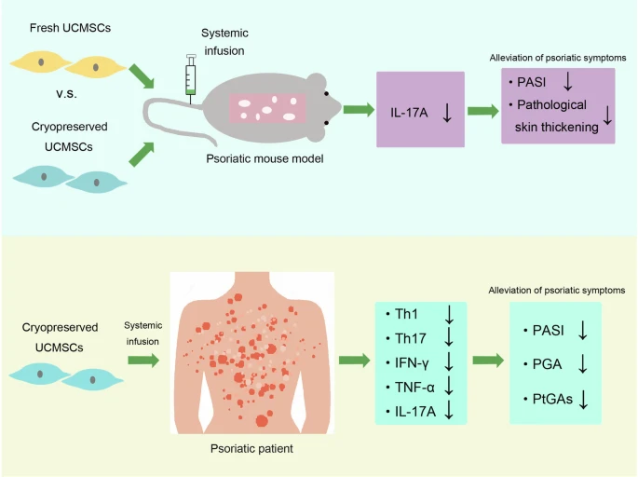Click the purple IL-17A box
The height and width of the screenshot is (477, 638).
coord(420,109)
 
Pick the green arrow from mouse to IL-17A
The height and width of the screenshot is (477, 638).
coord(357,110)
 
